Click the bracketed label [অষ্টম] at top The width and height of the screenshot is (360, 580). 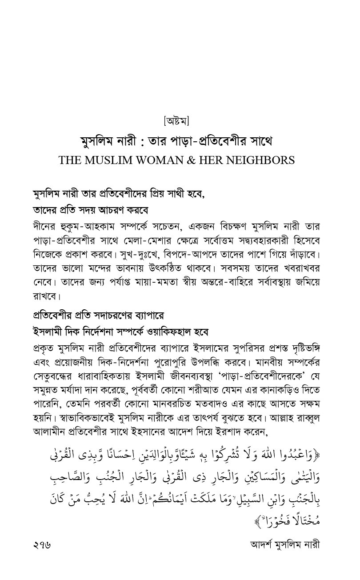(176, 120)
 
